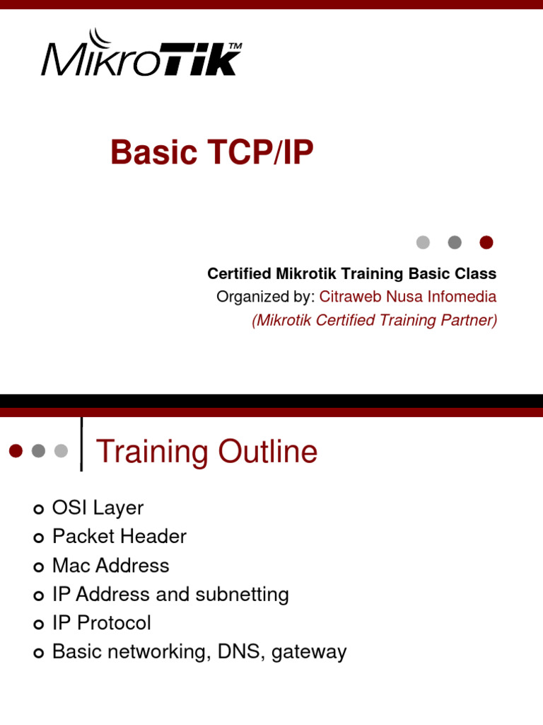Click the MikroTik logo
click(x=141, y=52)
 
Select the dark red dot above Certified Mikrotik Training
click(x=486, y=242)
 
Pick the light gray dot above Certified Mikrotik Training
click(x=423, y=242)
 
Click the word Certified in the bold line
click(x=239, y=273)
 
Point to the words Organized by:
click(x=266, y=297)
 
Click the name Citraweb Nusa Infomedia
click(x=408, y=297)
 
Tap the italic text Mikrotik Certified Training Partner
click(x=375, y=320)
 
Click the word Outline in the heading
click(x=268, y=451)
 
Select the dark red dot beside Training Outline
click(x=16, y=451)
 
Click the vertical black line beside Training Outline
click(x=82, y=445)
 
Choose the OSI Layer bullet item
click(x=98, y=508)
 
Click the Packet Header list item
click(x=119, y=537)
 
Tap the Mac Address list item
click(x=111, y=566)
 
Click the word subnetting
click(x=242, y=595)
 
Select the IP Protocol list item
click(x=102, y=623)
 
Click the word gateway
click(x=309, y=653)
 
